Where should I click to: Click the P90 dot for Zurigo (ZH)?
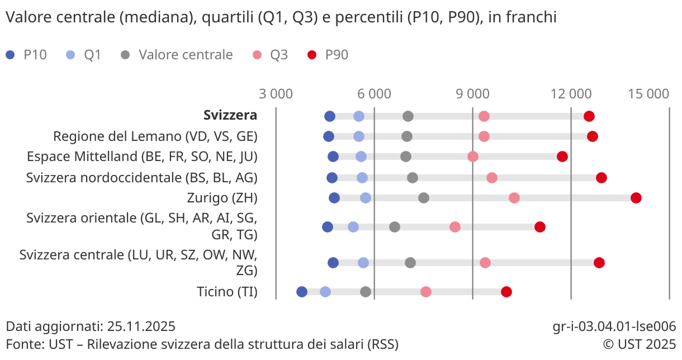[x=636, y=198]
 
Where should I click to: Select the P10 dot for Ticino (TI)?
[x=302, y=292]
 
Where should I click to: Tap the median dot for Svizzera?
[x=408, y=116]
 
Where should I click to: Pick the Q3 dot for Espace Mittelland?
[x=473, y=157]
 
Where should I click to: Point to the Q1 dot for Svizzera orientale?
[x=353, y=227]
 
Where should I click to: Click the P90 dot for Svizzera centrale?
[x=599, y=263]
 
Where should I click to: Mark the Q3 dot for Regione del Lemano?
[x=484, y=136]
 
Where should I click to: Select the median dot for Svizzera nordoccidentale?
[x=413, y=178]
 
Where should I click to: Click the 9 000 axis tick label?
[x=472, y=94]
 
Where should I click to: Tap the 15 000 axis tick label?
[x=649, y=94]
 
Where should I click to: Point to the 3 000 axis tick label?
[x=276, y=94]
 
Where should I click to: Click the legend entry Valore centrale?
[x=186, y=55]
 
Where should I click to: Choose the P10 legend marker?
[x=11, y=55]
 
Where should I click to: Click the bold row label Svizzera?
[x=230, y=116]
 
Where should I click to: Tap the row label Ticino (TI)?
[x=227, y=292]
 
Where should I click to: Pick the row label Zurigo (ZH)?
[x=222, y=198]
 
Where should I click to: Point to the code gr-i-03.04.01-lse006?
[x=614, y=326]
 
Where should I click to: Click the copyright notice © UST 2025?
[x=639, y=344]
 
